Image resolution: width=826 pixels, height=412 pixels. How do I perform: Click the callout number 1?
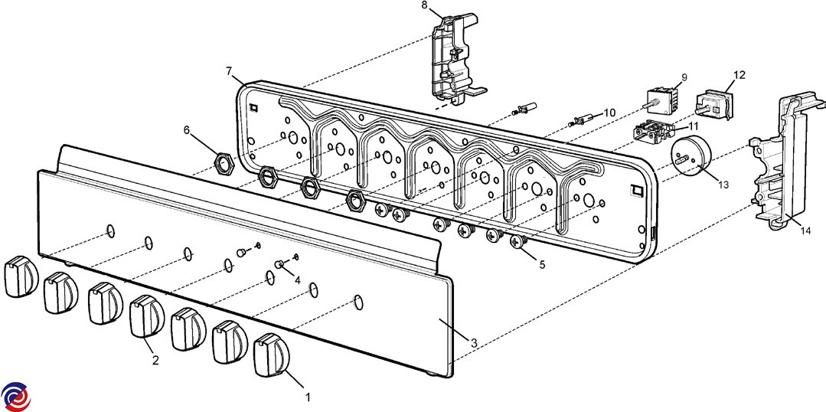point(308,397)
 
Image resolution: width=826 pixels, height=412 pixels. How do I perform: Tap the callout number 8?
point(425,5)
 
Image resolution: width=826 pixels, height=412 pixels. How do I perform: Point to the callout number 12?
point(739,75)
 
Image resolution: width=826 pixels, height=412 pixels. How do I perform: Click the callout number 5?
point(542,265)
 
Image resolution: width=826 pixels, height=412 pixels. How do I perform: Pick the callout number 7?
point(229,71)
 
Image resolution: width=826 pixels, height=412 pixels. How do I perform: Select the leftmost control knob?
point(19,276)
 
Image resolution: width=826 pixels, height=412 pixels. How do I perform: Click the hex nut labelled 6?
point(224,162)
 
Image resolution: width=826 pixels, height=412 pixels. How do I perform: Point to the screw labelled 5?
point(518,243)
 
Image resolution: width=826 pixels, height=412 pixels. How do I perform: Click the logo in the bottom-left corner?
point(15,395)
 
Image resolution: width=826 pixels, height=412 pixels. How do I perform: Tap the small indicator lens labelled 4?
point(280,264)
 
